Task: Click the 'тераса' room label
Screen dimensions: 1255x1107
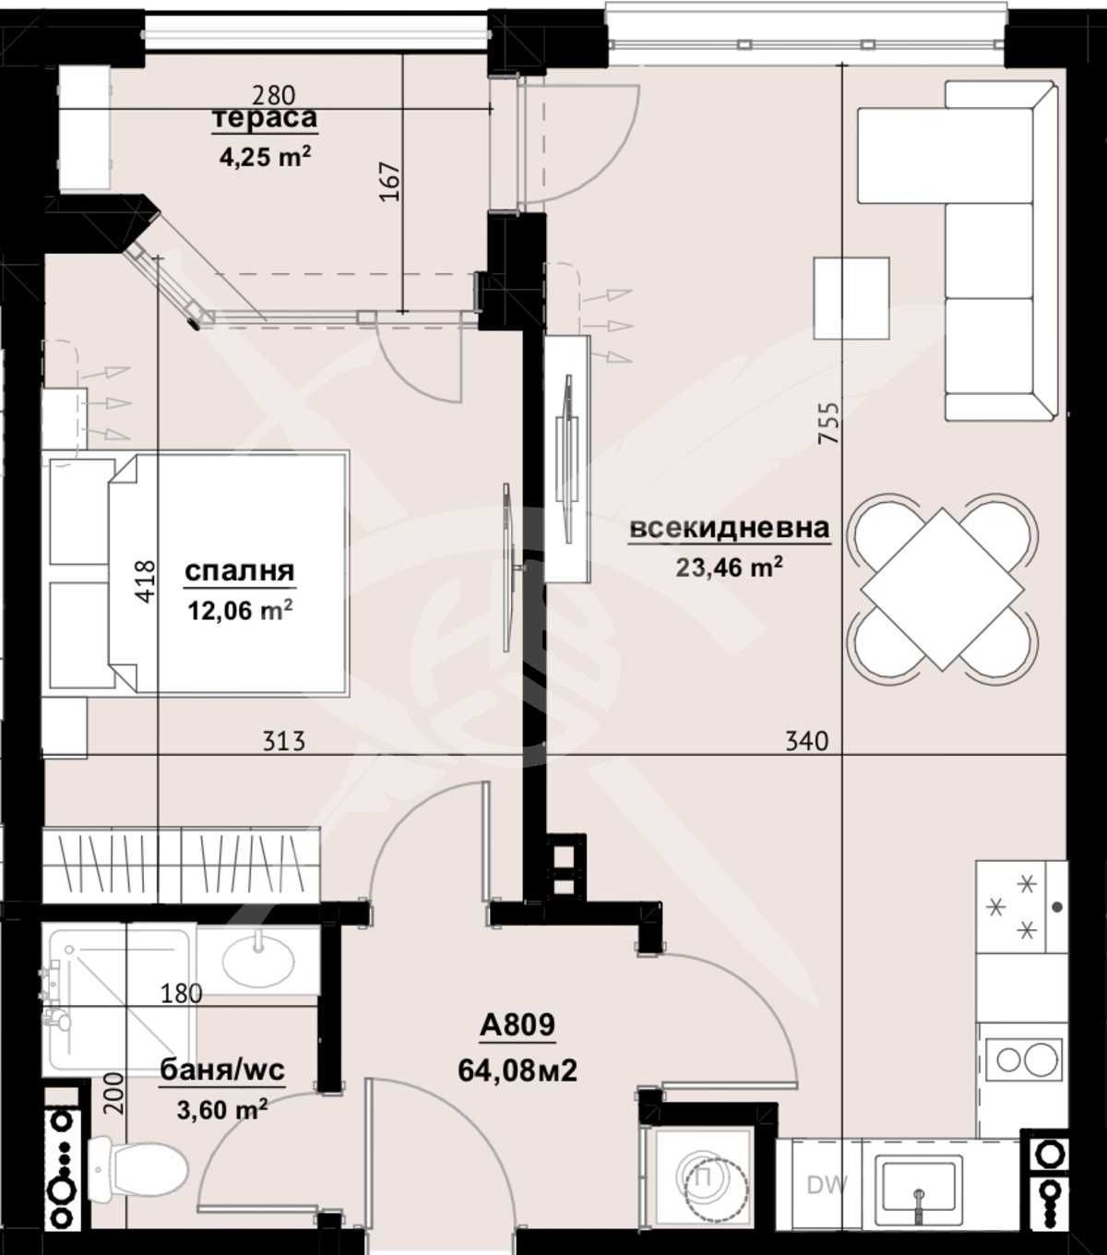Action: point(265,119)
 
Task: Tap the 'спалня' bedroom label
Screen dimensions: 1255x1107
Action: point(240,571)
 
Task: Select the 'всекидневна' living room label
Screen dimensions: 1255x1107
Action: point(729,529)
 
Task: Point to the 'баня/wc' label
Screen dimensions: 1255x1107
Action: point(222,1070)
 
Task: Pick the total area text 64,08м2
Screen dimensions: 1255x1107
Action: point(518,1070)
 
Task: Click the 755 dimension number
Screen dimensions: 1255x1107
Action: point(829,423)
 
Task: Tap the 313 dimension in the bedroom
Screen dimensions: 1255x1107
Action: point(284,741)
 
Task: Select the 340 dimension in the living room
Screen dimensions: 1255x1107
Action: point(806,741)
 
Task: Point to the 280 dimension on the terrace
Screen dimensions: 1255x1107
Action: point(274,94)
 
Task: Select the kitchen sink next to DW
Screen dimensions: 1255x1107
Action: point(919,1185)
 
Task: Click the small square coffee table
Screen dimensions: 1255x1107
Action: point(851,298)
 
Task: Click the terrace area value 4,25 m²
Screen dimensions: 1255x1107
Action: point(264,156)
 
